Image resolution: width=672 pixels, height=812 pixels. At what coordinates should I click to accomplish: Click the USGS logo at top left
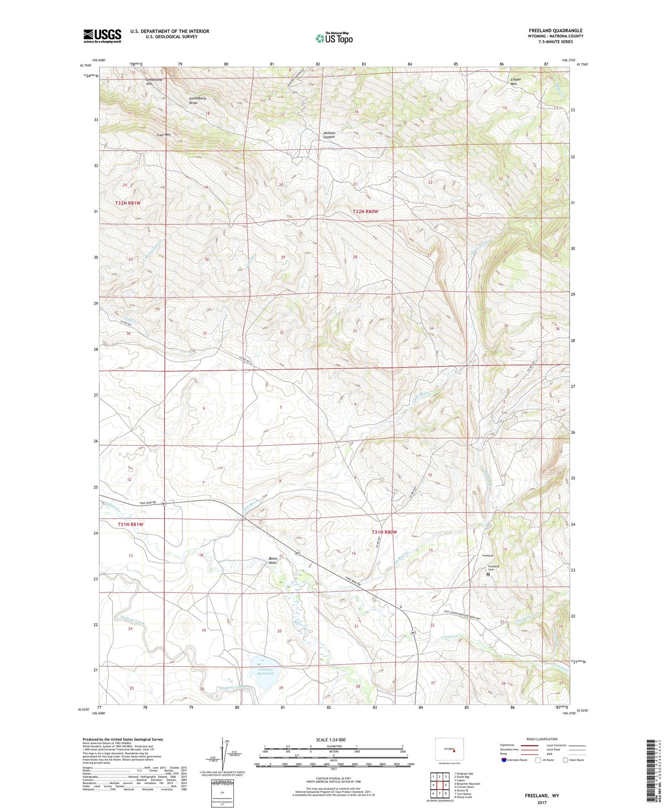click(x=102, y=36)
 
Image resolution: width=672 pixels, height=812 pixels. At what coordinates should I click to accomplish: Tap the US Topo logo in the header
click(x=334, y=38)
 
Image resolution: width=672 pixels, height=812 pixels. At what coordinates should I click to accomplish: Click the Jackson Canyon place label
click(x=329, y=135)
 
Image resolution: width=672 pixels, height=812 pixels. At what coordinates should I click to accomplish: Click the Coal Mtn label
click(x=164, y=135)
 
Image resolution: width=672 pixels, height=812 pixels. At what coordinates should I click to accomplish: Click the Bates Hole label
click(x=273, y=560)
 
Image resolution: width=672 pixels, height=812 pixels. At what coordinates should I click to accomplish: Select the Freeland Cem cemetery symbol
click(x=488, y=574)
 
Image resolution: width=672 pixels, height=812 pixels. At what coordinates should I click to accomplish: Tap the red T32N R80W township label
click(x=365, y=212)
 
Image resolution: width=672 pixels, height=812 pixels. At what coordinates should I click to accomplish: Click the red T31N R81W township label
click(x=130, y=524)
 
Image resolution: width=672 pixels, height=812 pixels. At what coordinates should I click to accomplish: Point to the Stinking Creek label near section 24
click(x=133, y=620)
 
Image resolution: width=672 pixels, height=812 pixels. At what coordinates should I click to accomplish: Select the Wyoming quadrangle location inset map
click(x=449, y=750)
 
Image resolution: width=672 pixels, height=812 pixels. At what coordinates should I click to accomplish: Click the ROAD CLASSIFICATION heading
click(x=542, y=739)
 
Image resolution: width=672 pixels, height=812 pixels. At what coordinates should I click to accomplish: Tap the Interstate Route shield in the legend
click(x=504, y=760)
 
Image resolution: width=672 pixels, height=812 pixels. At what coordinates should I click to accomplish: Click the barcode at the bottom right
click(x=652, y=772)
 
